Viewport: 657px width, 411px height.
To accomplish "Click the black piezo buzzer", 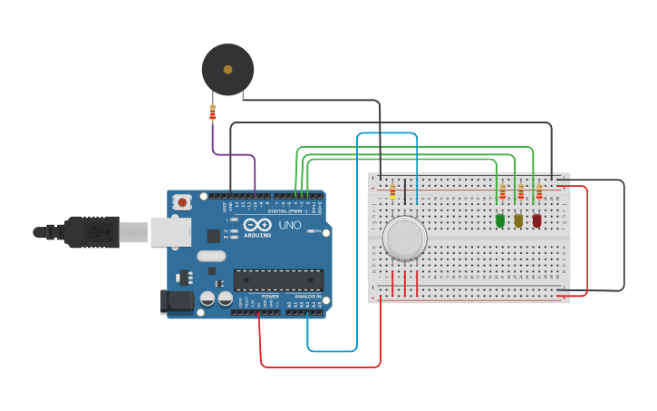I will [x=227, y=69].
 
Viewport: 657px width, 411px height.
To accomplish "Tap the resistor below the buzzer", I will [x=212, y=113].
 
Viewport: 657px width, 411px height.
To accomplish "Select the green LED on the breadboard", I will [x=500, y=220].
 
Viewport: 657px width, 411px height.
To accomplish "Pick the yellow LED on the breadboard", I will [x=518, y=220].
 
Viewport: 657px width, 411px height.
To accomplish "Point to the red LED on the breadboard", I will [x=536, y=220].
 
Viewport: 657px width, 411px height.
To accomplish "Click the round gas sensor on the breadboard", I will [x=404, y=238].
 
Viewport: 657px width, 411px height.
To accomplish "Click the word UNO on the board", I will [x=290, y=225].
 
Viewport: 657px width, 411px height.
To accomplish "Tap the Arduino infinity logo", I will [x=256, y=225].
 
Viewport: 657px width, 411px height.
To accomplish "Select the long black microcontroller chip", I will [x=278, y=279].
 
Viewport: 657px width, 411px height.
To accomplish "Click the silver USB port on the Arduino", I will [x=170, y=232].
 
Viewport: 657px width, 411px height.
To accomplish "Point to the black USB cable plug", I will [x=91, y=232].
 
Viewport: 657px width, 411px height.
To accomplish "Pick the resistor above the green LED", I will [x=502, y=193].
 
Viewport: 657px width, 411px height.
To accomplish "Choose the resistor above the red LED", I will [x=538, y=193].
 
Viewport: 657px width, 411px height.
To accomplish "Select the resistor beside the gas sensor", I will [x=392, y=191].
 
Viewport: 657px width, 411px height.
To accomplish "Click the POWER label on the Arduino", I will [x=270, y=297].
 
